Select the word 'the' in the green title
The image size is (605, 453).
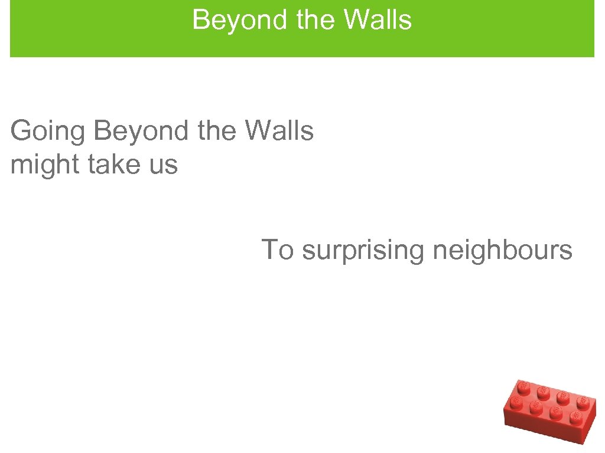318,19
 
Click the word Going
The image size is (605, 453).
48,131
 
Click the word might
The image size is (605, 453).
45,165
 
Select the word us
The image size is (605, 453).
162,165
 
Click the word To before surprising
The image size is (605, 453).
277,250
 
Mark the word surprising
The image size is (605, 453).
363,250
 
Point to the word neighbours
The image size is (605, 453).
503,250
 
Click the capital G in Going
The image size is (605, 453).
22,131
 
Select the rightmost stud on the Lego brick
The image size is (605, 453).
583,403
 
